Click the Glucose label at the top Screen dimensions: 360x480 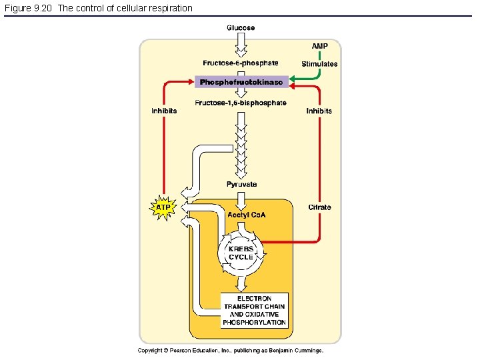pos(241,28)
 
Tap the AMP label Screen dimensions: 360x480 pos(320,46)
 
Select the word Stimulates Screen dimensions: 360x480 pos(319,64)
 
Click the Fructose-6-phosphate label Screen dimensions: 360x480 pos(241,63)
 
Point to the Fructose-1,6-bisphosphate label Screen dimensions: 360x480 pos(241,103)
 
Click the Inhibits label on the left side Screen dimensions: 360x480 pos(164,111)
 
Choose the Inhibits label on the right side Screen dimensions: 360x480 pos(319,111)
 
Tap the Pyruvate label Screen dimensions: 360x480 pos(241,184)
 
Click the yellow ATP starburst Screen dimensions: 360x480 pos(163,207)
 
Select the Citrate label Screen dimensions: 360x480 pos(319,207)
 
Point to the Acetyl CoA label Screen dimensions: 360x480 pos(246,215)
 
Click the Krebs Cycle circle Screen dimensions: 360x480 pos(241,253)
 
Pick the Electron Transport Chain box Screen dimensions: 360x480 pos(255,311)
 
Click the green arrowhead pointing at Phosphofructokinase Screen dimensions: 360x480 pos(294,81)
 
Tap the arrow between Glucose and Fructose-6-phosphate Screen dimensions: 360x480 pos(241,45)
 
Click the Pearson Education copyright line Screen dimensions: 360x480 pos(230,350)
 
